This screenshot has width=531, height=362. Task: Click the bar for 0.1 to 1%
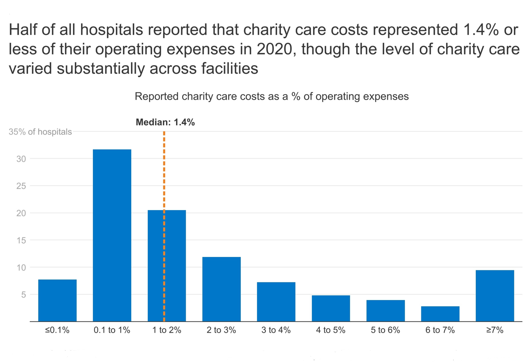tap(112, 235)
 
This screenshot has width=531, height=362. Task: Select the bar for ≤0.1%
tap(57, 300)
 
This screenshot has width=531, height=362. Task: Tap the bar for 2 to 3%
tap(221, 289)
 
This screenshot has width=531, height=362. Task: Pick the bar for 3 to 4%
tap(276, 301)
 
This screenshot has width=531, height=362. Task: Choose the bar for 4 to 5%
tap(331, 308)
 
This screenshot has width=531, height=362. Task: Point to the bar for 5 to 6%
tap(385, 311)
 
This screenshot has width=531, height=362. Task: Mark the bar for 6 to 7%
tap(440, 313)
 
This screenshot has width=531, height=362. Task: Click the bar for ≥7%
tap(495, 295)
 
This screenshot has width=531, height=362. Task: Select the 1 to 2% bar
tap(176, 265)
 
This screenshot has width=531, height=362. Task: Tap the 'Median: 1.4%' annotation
tap(165, 123)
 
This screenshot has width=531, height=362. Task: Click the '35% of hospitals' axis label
tap(40, 132)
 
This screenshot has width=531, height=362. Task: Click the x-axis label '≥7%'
tap(495, 330)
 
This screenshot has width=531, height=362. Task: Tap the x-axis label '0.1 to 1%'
tap(112, 330)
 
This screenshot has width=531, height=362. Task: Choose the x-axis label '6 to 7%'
tap(440, 330)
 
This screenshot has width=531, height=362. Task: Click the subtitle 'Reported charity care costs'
tap(271, 97)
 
